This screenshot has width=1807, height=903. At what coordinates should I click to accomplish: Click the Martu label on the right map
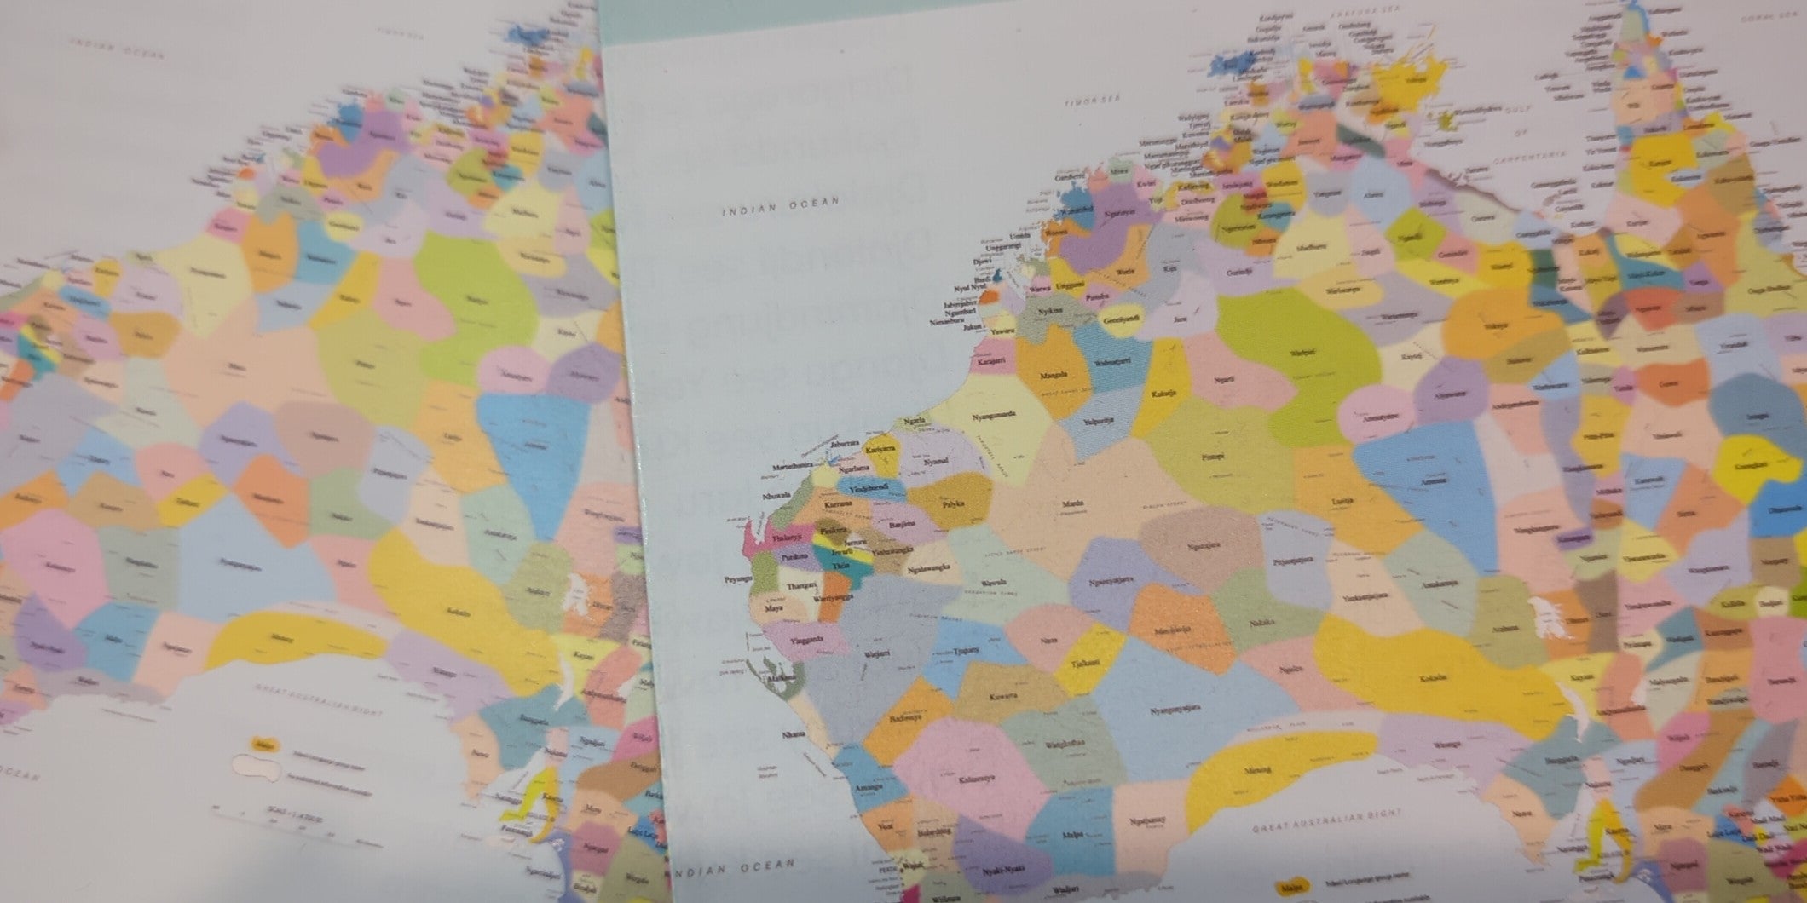click(1072, 504)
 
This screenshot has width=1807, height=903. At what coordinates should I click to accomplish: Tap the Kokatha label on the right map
click(1433, 678)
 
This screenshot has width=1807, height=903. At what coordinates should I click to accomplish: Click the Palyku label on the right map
click(952, 503)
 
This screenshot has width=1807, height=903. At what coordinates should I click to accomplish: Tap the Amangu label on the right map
click(867, 788)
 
